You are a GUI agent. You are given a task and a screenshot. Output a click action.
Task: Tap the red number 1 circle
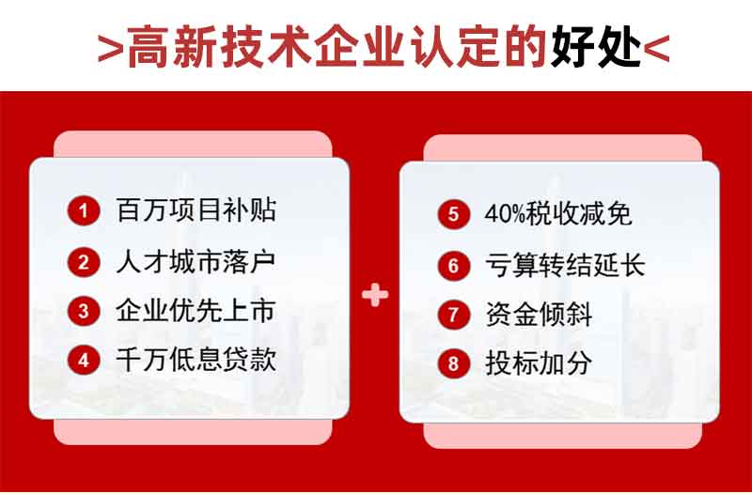tap(84, 210)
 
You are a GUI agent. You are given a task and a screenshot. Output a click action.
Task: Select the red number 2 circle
tap(84, 262)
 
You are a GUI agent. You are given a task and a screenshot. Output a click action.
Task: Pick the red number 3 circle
tap(84, 311)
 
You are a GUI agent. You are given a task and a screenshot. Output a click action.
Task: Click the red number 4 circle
tap(84, 360)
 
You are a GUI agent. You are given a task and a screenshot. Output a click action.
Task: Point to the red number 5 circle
tap(453, 214)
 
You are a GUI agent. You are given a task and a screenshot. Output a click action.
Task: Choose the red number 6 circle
tap(453, 265)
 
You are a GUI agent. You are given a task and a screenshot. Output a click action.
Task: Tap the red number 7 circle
tap(453, 315)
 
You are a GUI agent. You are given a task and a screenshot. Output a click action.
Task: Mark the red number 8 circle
tap(453, 363)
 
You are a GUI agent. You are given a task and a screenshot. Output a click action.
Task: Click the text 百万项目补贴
tap(196, 210)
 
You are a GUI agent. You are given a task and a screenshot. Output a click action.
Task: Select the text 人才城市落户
tap(196, 262)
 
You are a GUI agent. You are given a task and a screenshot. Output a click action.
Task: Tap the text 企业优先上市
tap(196, 311)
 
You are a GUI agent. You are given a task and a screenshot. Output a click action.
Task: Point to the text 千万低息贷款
tap(196, 360)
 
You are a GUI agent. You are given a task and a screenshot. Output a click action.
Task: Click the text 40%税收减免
tap(558, 214)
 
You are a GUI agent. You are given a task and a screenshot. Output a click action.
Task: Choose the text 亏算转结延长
tap(566, 265)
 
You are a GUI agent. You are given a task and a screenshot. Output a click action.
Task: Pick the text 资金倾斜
tap(539, 315)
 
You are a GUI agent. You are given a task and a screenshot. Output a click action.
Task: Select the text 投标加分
tap(539, 363)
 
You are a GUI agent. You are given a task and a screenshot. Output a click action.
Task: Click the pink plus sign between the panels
tap(375, 295)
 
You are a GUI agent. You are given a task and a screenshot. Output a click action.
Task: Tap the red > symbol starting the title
tap(111, 50)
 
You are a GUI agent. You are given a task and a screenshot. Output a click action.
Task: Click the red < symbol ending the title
tap(656, 50)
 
